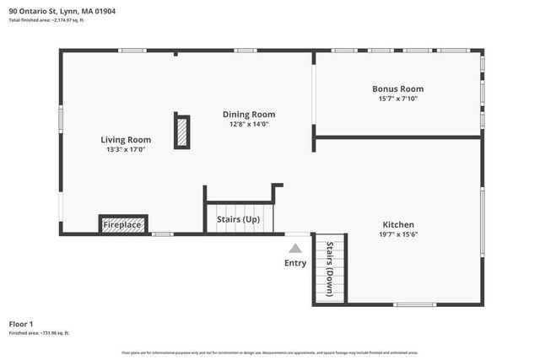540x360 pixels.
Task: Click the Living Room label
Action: (126, 140)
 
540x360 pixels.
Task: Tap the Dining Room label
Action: (249, 115)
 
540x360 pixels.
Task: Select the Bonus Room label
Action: (397, 89)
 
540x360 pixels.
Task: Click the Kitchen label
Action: (398, 225)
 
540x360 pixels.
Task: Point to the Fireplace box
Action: (122, 225)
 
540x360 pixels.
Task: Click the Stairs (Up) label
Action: (239, 220)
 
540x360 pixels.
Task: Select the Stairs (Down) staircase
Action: (329, 268)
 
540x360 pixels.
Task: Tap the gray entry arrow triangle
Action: (294, 249)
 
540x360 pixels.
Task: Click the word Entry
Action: (295, 263)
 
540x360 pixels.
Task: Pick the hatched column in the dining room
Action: (181, 132)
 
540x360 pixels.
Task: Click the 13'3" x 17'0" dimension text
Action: (126, 150)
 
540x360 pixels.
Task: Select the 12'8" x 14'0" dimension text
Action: (249, 125)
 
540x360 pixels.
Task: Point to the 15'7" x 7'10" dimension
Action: (397, 99)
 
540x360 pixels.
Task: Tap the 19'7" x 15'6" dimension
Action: (398, 235)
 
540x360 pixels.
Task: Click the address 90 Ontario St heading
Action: (63, 12)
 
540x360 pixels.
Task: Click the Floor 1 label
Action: (21, 324)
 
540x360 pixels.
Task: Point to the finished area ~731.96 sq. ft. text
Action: (40, 333)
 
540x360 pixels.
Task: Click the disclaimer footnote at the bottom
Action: (269, 352)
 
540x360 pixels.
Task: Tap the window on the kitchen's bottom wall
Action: (415, 304)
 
